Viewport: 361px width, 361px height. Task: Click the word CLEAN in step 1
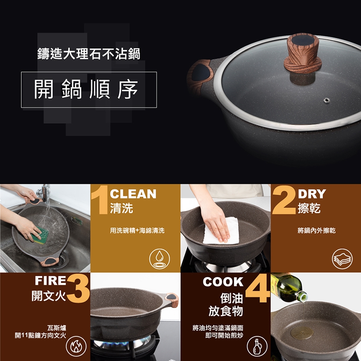coord(133,194)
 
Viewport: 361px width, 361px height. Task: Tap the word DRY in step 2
coord(312,194)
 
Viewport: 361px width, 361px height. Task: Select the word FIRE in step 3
coord(50,280)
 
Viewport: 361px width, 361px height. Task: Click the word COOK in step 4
coord(223,282)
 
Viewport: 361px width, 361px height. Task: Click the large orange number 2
coord(284,200)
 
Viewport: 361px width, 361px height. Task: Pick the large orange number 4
coord(257,288)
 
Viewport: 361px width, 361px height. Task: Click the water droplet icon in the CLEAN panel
coord(159,259)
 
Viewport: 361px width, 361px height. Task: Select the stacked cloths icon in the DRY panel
coord(342,259)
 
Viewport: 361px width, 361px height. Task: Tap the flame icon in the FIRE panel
coord(76,346)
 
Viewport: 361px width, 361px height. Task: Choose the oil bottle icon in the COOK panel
coord(257,346)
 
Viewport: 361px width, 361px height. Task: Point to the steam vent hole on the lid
coord(326,100)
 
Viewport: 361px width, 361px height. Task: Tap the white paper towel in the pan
coord(221,231)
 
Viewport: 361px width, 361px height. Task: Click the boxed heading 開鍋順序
coord(89,90)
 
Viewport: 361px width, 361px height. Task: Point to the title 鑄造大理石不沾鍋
coord(89,54)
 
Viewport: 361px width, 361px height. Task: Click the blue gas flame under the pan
coord(122,343)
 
